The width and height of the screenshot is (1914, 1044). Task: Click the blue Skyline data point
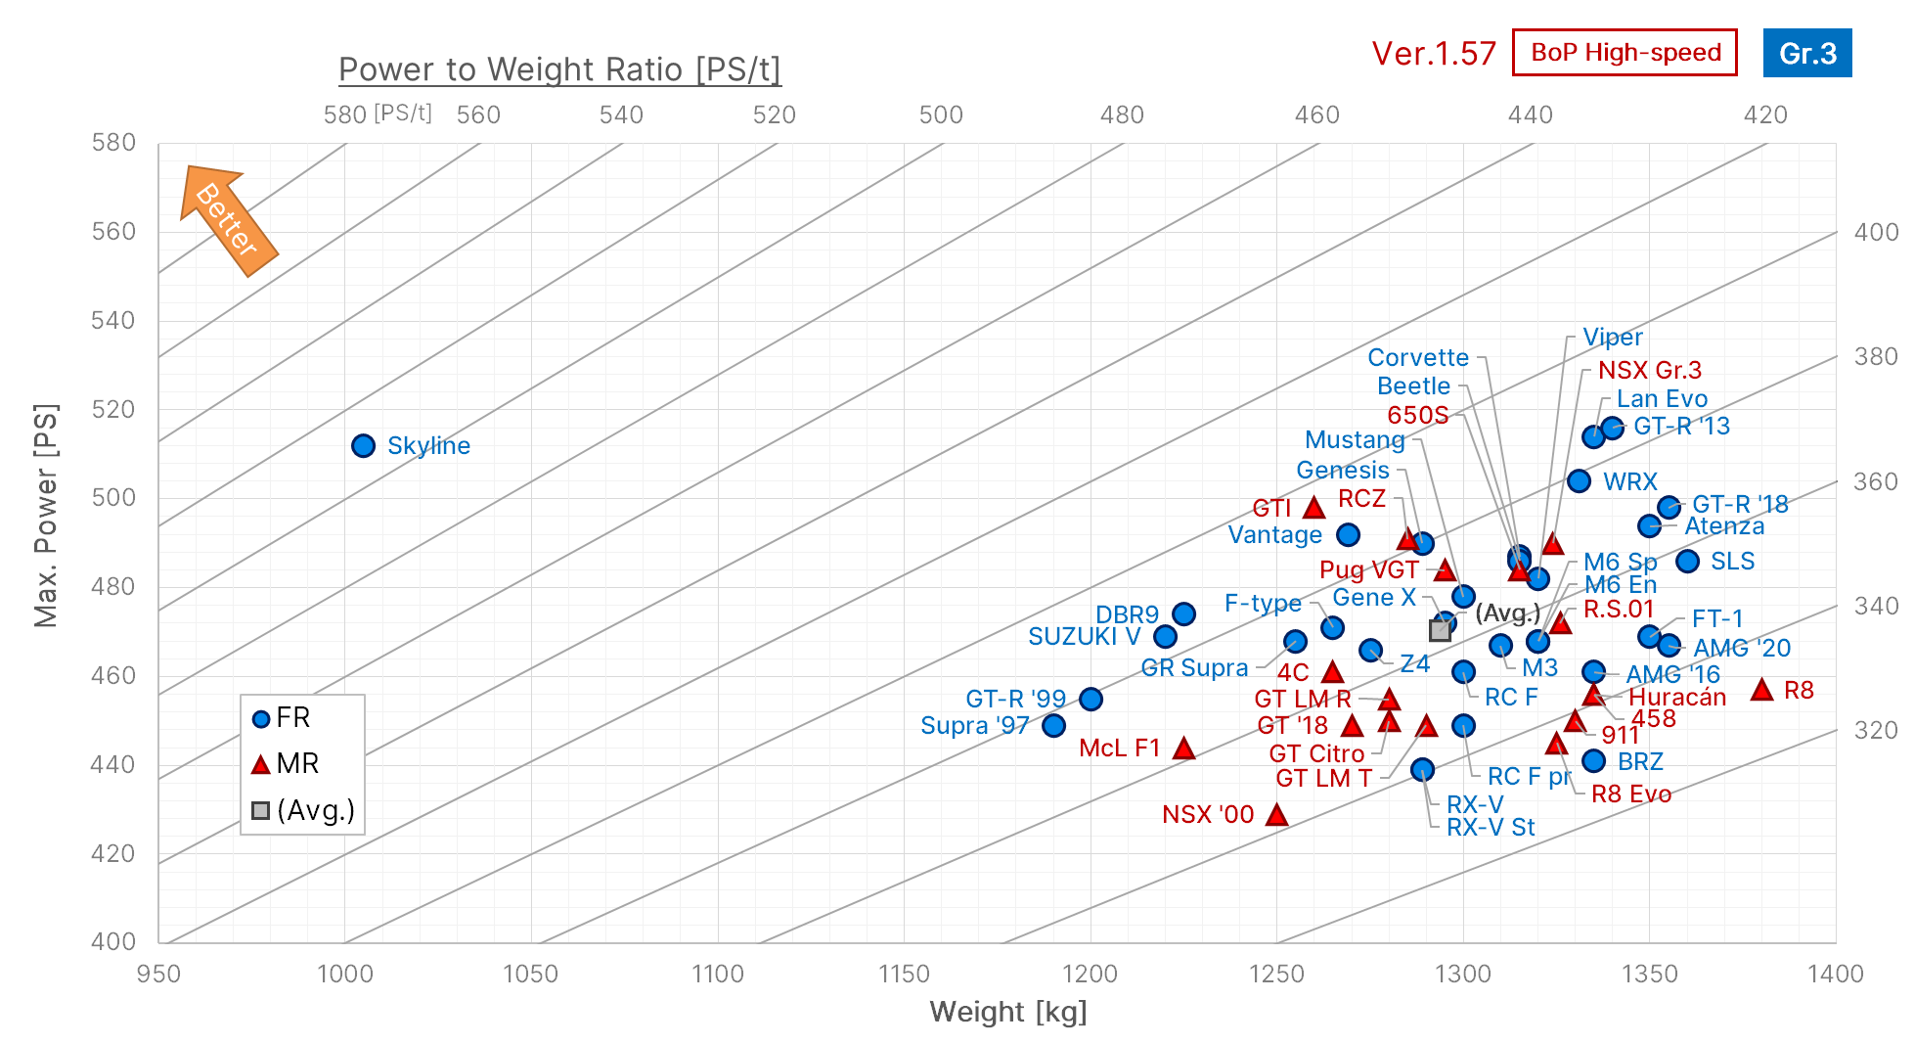click(x=363, y=446)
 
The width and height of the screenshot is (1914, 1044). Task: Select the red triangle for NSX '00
click(x=1276, y=815)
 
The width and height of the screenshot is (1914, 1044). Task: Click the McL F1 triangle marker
click(x=1183, y=749)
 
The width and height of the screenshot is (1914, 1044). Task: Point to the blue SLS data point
click(x=1687, y=562)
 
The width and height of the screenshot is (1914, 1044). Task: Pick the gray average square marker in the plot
click(x=1440, y=630)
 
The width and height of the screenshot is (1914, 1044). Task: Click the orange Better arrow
click(x=229, y=220)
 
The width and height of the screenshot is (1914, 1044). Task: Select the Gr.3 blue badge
click(x=1806, y=53)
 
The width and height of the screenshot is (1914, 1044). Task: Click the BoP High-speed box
click(x=1625, y=53)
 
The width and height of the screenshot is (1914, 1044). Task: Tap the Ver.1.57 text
click(x=1433, y=54)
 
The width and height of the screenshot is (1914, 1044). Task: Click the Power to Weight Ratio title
click(x=559, y=69)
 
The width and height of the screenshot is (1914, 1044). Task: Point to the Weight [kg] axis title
click(x=1007, y=1012)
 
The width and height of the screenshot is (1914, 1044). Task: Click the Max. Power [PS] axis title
click(x=46, y=515)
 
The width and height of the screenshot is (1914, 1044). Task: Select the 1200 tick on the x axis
click(x=1090, y=974)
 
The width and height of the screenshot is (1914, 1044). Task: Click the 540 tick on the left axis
click(x=113, y=321)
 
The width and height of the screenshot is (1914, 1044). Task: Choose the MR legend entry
click(x=286, y=763)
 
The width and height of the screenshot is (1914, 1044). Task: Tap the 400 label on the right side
click(x=1876, y=233)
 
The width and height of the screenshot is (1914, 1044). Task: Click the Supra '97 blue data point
click(x=1053, y=726)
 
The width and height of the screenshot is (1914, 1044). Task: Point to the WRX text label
click(x=1629, y=481)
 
